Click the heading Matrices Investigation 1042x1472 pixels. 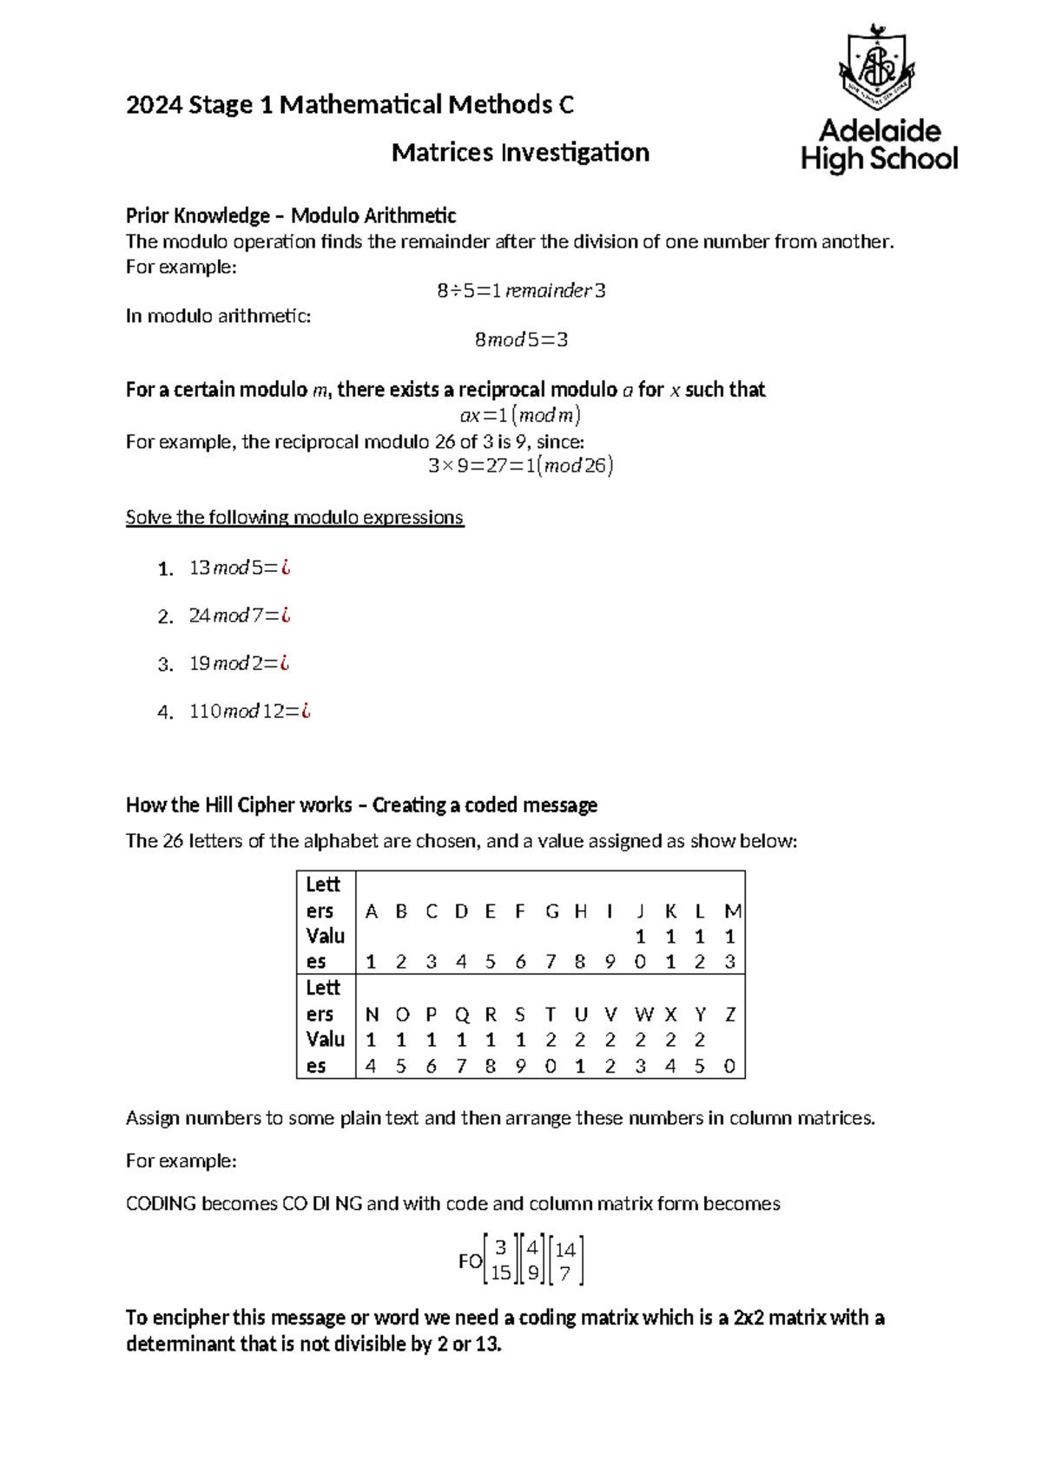click(520, 153)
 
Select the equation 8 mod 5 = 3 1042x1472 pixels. click(521, 340)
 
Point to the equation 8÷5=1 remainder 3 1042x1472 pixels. click(521, 291)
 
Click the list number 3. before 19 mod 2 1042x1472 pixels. click(166, 665)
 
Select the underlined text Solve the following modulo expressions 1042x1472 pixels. click(294, 517)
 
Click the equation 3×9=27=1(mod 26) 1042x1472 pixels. click(521, 466)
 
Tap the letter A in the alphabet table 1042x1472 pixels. click(372, 911)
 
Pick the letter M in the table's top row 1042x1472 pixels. click(732, 911)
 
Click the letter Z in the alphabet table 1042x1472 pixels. click(730, 1015)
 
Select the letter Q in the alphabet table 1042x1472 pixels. click(461, 1015)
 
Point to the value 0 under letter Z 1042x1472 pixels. click(729, 1067)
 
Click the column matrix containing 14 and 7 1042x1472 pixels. click(565, 1261)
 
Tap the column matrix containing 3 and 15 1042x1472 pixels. click(501, 1261)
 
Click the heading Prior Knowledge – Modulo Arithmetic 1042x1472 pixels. click(291, 215)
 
